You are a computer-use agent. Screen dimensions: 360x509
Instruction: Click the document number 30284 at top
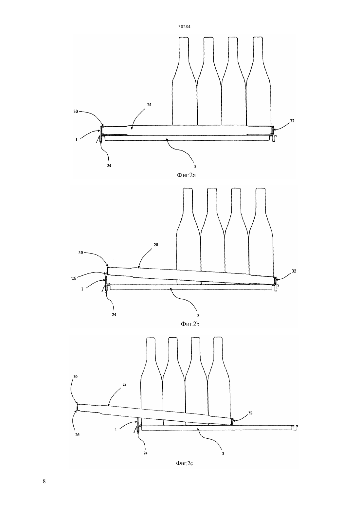click(x=184, y=26)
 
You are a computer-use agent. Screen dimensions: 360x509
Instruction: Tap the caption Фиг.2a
click(x=186, y=175)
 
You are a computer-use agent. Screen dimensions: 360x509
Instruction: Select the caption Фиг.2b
click(x=190, y=324)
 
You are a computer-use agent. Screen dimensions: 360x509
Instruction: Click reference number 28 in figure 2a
click(x=149, y=105)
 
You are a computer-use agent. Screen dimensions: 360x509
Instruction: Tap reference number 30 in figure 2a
click(x=76, y=111)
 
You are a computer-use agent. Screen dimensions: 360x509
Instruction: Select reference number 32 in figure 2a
click(x=292, y=121)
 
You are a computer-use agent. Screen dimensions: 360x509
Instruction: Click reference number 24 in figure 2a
click(x=109, y=166)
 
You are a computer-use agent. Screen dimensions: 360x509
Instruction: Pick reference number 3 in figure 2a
click(x=194, y=166)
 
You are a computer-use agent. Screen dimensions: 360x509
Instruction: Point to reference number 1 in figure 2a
click(x=77, y=140)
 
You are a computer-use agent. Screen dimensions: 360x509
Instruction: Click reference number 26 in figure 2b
click(x=74, y=278)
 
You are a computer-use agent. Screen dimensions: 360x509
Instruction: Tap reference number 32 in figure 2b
click(x=294, y=271)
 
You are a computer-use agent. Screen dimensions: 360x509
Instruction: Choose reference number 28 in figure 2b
click(x=156, y=245)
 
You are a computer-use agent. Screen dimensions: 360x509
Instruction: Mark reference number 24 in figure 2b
click(x=114, y=314)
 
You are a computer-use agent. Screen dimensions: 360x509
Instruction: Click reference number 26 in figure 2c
click(x=77, y=434)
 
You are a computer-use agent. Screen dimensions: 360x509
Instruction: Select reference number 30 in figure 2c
click(x=76, y=377)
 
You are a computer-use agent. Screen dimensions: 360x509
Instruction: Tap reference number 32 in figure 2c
click(x=250, y=413)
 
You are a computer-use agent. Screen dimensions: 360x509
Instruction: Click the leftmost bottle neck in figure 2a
click(x=184, y=49)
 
